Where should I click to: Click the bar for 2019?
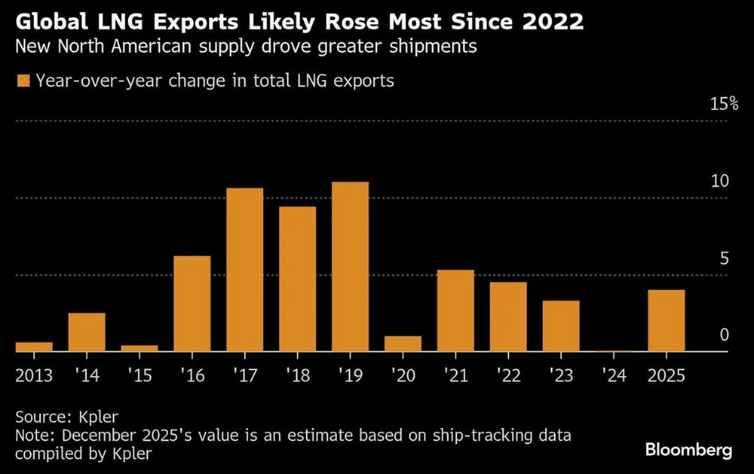[x=350, y=267]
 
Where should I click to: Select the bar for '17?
[x=245, y=270]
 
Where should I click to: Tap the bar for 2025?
[x=667, y=320]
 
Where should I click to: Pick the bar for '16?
[x=192, y=304]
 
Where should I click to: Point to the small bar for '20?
[x=403, y=344]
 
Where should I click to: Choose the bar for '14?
[x=87, y=332]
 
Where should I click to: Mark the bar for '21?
[x=455, y=310]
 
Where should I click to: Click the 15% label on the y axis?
[x=724, y=105]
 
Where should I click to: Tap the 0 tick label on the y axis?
[x=725, y=334]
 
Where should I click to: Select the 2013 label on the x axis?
[x=35, y=375]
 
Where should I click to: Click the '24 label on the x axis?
[x=614, y=375]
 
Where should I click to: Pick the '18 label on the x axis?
[x=297, y=375]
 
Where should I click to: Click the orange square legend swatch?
[x=23, y=81]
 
